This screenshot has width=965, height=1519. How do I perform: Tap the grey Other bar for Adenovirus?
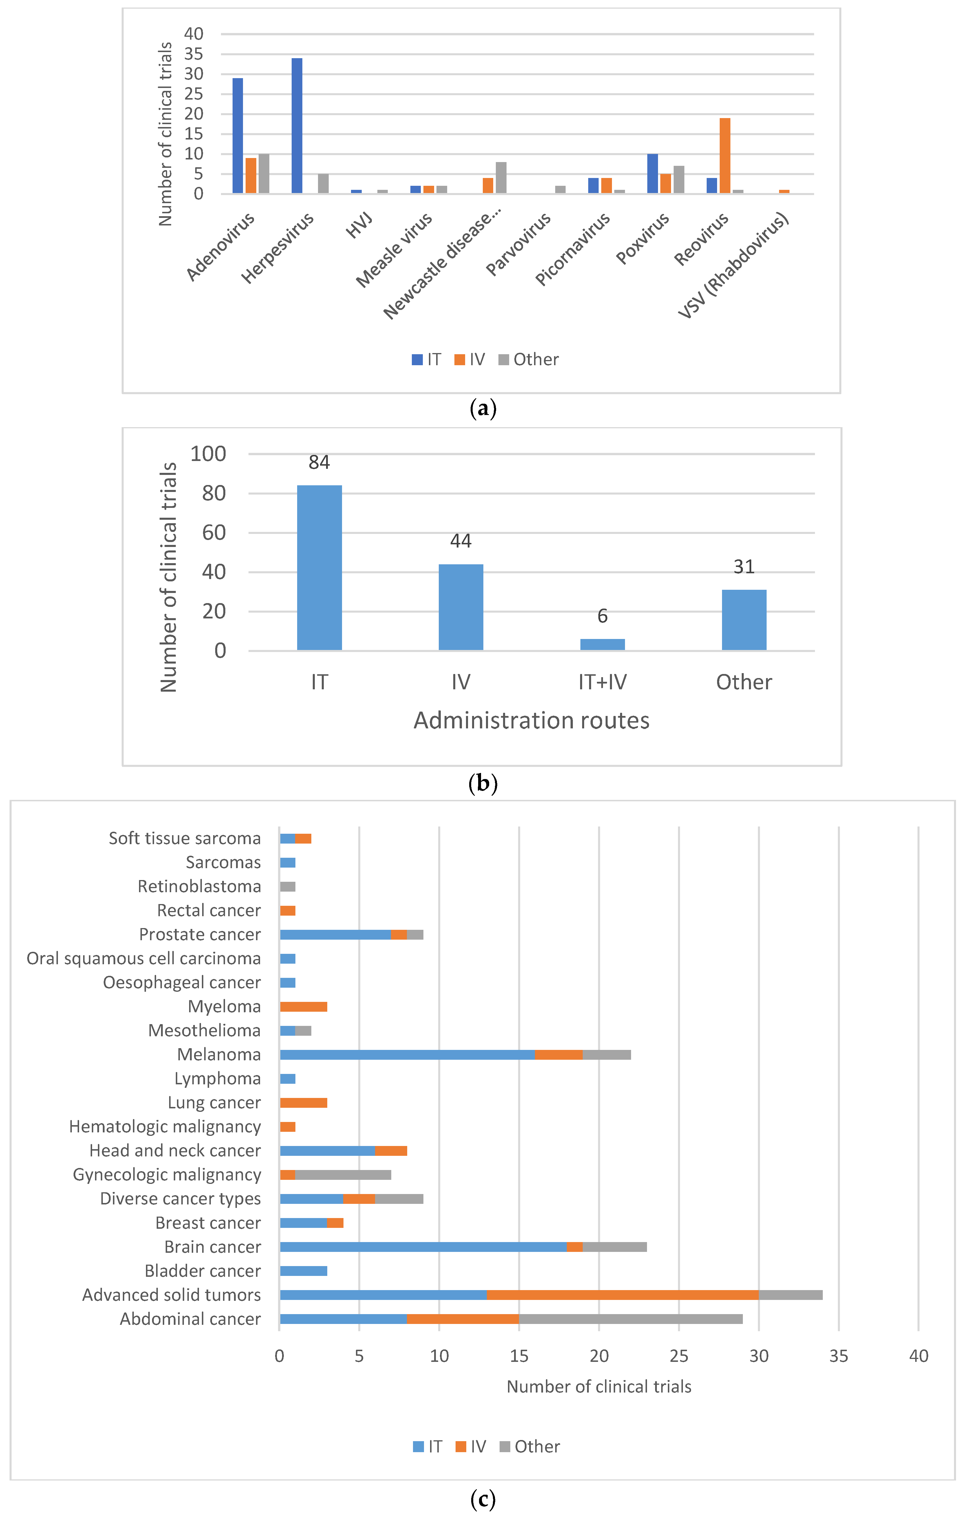click(264, 173)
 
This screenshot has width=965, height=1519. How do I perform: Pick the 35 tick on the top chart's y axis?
click(194, 54)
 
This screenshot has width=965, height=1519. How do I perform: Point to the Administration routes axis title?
click(531, 720)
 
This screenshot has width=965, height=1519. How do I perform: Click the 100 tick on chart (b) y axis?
click(208, 453)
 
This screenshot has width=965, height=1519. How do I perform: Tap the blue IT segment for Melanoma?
click(407, 1055)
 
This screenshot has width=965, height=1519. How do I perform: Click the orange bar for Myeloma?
click(304, 1007)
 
